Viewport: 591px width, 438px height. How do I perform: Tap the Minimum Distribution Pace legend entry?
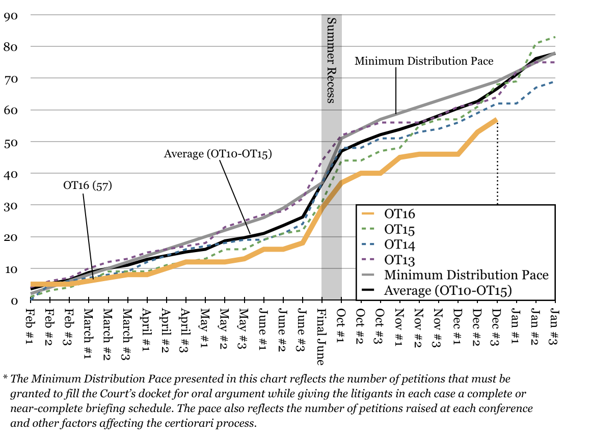pyautogui.click(x=466, y=275)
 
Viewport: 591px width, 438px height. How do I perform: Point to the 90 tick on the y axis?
pyautogui.click(x=11, y=15)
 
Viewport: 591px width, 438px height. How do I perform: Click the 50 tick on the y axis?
pyautogui.click(x=11, y=142)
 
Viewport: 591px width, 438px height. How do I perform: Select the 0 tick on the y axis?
pyautogui.click(x=15, y=300)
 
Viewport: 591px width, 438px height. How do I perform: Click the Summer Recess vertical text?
pyautogui.click(x=331, y=60)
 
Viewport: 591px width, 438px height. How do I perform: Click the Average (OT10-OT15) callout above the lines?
pyautogui.click(x=218, y=153)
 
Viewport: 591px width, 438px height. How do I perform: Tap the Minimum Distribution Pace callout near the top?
pyautogui.click(x=424, y=61)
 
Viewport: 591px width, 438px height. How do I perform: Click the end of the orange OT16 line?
pyautogui.click(x=496, y=120)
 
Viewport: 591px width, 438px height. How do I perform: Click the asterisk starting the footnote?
pyautogui.click(x=5, y=378)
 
